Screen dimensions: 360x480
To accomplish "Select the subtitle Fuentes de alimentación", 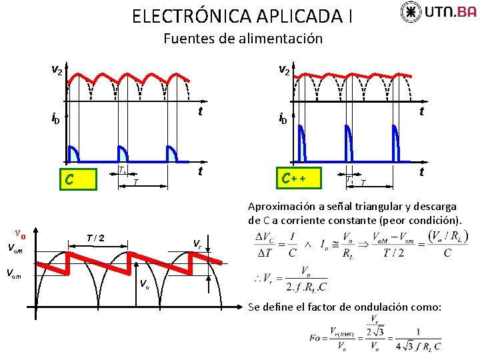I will tap(243, 39).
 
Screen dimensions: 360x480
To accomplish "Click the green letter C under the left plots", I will tap(67, 179).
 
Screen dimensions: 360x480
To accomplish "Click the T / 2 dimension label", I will tap(95, 237).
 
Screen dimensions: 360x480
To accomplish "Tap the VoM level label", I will tap(15, 249).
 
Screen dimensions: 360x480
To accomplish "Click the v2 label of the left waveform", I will tap(57, 69).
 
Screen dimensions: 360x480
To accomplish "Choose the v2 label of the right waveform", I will tap(284, 69).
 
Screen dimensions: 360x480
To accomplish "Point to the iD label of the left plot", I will tap(56, 119).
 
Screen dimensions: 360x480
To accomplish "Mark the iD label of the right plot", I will tap(283, 119).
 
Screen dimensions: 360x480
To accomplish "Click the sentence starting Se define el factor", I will tap(344, 307).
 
